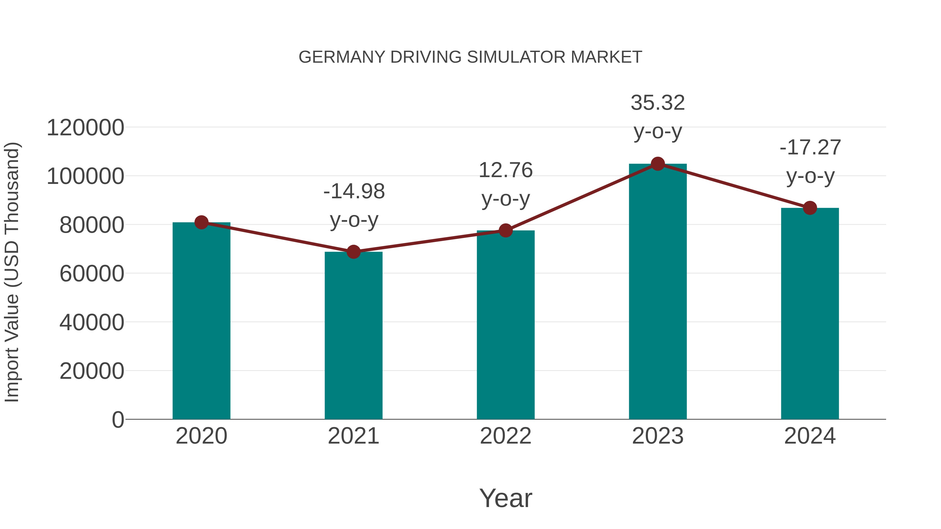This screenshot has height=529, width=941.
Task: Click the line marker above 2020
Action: pyautogui.click(x=201, y=222)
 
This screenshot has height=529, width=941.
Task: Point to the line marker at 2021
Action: pyautogui.click(x=353, y=252)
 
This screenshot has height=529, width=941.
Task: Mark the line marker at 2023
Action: pyautogui.click(x=658, y=164)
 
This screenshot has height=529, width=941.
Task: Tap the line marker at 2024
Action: pyautogui.click(x=810, y=208)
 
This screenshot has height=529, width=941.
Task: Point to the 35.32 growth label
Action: pyautogui.click(x=658, y=103)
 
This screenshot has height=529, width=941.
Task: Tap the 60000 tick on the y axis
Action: pyautogui.click(x=92, y=274)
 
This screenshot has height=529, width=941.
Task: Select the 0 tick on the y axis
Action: pyautogui.click(x=118, y=420)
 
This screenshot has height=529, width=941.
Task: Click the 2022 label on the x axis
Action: pyautogui.click(x=506, y=436)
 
